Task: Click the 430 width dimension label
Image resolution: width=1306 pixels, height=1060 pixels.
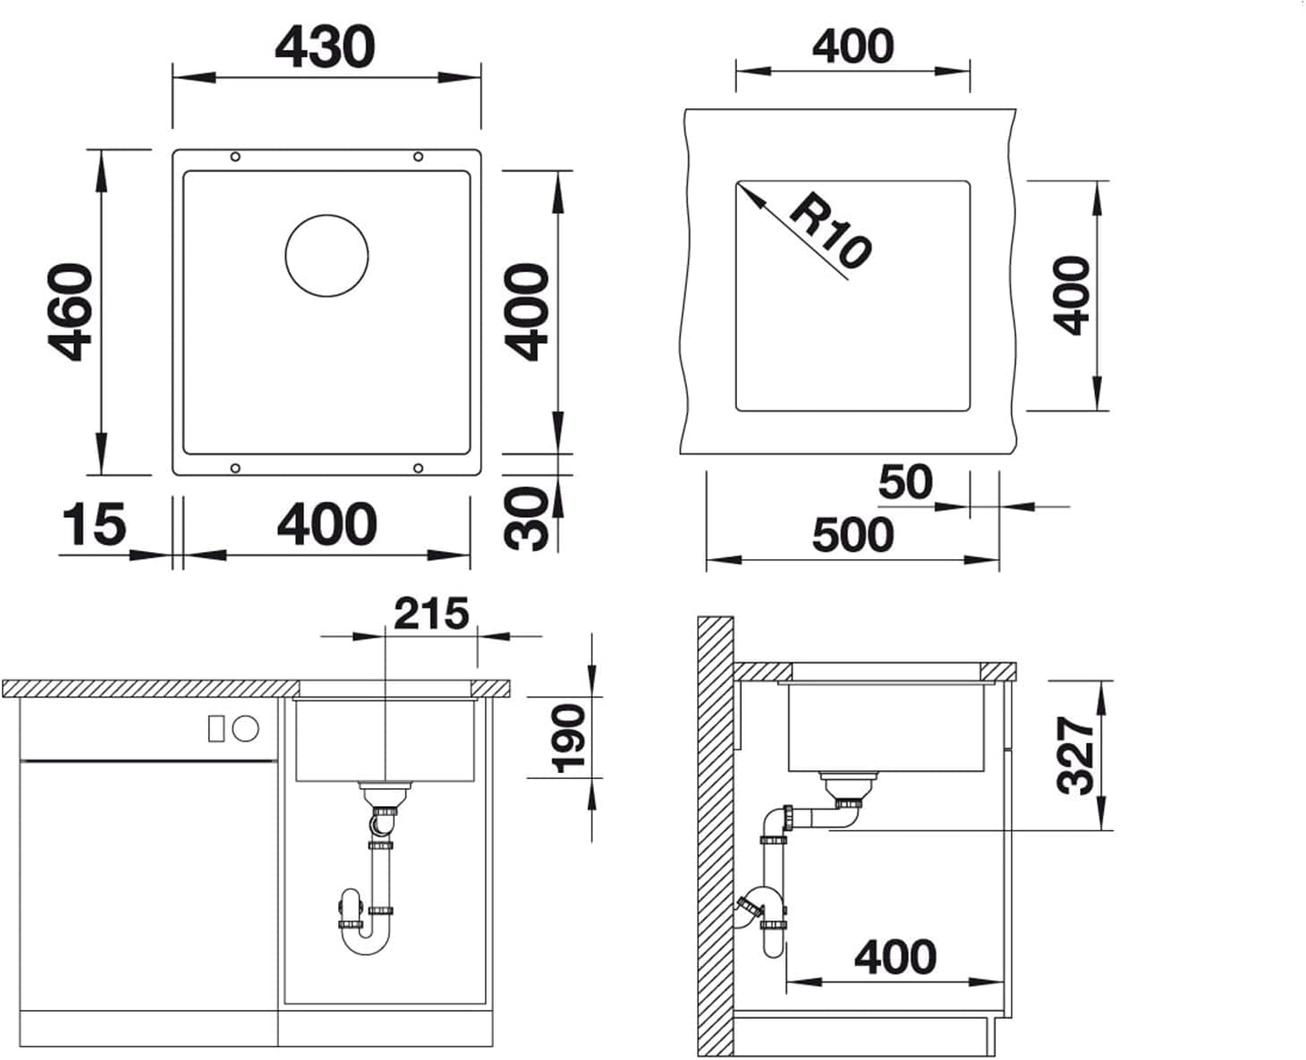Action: click(325, 47)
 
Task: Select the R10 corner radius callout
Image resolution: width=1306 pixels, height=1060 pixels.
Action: click(831, 231)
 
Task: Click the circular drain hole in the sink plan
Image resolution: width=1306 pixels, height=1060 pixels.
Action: click(326, 256)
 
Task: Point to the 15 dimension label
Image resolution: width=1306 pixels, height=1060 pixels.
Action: click(95, 524)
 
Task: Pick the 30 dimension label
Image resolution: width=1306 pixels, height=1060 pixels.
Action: click(525, 519)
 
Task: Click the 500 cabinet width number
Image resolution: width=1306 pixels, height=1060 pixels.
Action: click(852, 535)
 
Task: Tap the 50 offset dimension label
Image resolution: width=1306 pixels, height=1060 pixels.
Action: click(905, 482)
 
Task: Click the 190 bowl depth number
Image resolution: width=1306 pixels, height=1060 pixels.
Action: click(568, 739)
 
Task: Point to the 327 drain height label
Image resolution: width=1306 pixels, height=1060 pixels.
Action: click(1075, 755)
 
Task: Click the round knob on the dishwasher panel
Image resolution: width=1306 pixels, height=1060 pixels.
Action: click(246, 729)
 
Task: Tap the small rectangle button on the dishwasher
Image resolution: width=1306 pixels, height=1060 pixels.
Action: click(216, 729)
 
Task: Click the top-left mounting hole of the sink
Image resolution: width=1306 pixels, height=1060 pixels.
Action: click(235, 157)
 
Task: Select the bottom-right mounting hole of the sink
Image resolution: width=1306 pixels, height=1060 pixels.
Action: click(418, 469)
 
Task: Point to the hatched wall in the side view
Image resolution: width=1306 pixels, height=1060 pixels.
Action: click(716, 836)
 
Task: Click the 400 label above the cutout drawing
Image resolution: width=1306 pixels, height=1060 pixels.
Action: click(852, 46)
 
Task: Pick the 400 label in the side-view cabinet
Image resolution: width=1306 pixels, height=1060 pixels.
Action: click(895, 957)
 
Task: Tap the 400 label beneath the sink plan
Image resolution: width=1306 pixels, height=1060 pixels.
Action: click(326, 524)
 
